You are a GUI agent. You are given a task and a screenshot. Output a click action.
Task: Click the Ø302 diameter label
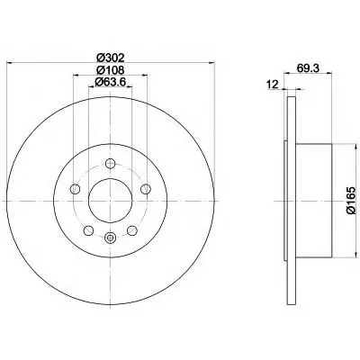(111, 57)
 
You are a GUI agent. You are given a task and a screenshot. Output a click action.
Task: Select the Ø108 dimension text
(111, 70)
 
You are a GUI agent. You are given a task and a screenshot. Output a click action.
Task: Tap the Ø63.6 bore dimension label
(110, 82)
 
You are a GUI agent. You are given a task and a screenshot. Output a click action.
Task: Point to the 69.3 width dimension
(308, 68)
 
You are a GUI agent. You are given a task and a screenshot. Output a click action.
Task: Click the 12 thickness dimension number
(273, 85)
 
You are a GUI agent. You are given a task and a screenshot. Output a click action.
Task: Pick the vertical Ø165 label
(351, 201)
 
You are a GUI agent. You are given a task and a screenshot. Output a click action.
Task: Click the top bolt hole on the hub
(111, 164)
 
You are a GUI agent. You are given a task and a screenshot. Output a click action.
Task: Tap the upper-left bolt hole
(75, 189)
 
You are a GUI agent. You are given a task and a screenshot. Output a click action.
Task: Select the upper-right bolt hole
(146, 189)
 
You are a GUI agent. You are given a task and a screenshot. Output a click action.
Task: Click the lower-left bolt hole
(88, 230)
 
